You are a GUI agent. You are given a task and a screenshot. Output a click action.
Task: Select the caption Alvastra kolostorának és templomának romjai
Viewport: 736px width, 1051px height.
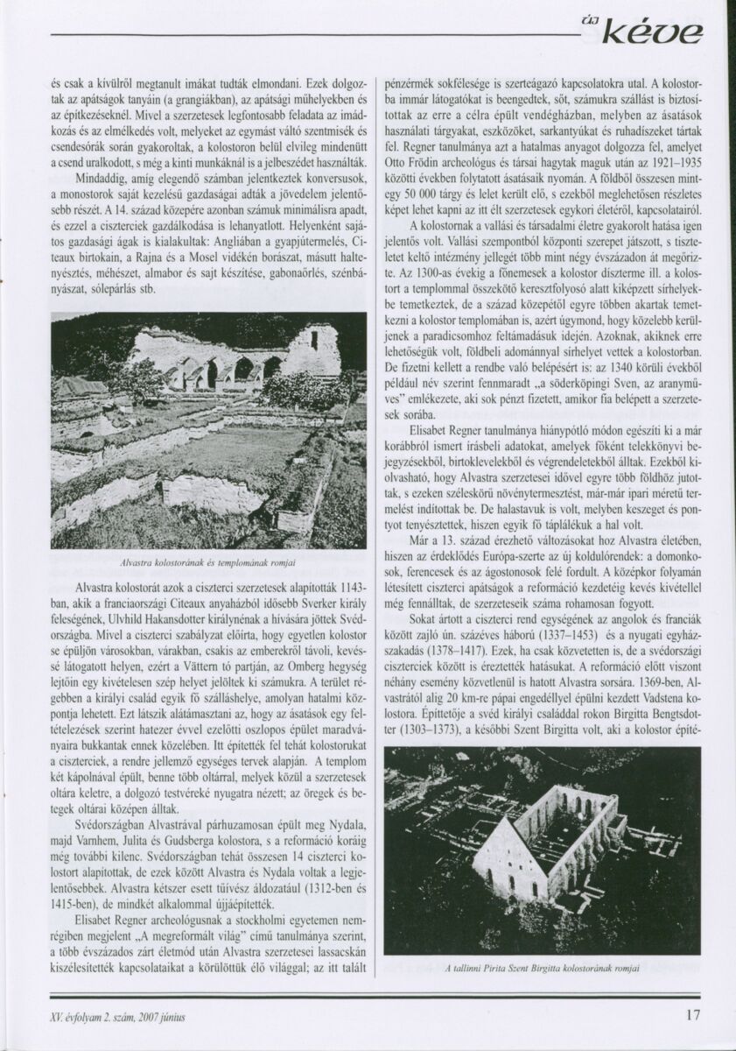[x=208, y=561]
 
